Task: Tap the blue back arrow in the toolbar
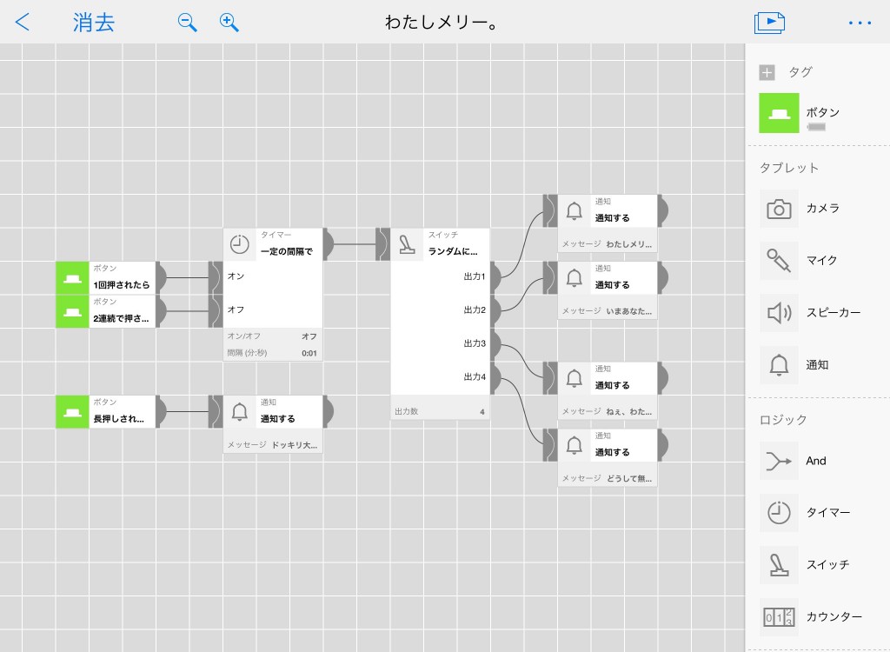[x=22, y=22]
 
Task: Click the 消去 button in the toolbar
[x=94, y=23]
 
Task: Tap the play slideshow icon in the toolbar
[x=769, y=23]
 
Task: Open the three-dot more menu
[x=860, y=23]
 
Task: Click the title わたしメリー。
[x=441, y=23]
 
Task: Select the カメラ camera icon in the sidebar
[x=779, y=209]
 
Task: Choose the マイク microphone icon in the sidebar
[x=779, y=261]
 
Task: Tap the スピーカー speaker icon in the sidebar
[x=779, y=313]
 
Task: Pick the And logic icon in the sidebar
[x=779, y=461]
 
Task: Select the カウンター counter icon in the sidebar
[x=779, y=616]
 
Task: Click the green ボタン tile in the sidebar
[x=779, y=113]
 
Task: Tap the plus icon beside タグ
[x=767, y=73]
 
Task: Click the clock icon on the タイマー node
[x=240, y=244]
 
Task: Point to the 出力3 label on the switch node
[x=475, y=343]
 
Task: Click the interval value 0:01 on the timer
[x=309, y=353]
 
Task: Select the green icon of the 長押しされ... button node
[x=72, y=412]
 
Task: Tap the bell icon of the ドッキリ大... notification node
[x=240, y=412]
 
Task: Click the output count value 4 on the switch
[x=482, y=412]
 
